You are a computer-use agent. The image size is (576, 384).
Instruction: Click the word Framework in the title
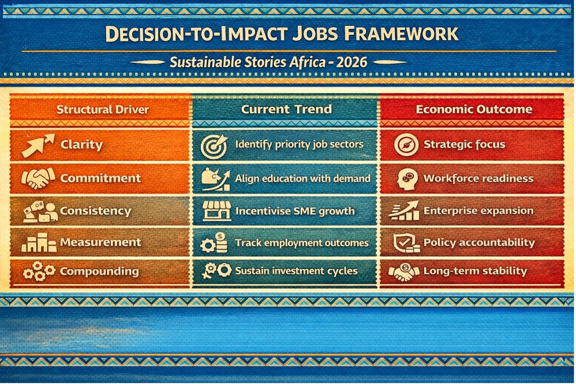point(401,34)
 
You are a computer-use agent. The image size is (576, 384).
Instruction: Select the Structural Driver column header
point(103,110)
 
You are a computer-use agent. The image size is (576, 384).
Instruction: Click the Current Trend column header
point(286,109)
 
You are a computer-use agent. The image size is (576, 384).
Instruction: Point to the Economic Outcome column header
point(474,110)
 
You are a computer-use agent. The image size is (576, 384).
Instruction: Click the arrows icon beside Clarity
point(38,145)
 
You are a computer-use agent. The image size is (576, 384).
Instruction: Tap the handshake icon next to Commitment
point(38,178)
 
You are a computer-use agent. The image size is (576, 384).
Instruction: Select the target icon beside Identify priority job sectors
point(214,146)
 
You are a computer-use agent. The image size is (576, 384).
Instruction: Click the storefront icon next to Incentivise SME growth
point(216,211)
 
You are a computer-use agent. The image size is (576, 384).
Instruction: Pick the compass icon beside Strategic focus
point(406,145)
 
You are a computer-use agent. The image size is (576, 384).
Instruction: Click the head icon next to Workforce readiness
point(407,179)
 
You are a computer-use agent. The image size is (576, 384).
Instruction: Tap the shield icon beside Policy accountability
point(406,243)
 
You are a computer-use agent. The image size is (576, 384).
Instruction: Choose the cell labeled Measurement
point(100,242)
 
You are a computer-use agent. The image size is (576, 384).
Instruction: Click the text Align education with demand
point(303,178)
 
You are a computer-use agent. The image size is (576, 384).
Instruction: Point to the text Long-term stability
point(475,271)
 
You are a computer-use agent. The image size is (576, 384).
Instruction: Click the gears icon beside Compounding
point(39,271)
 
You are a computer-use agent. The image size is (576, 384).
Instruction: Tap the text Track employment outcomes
point(302,243)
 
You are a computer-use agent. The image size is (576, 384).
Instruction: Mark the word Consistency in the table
point(95,211)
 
